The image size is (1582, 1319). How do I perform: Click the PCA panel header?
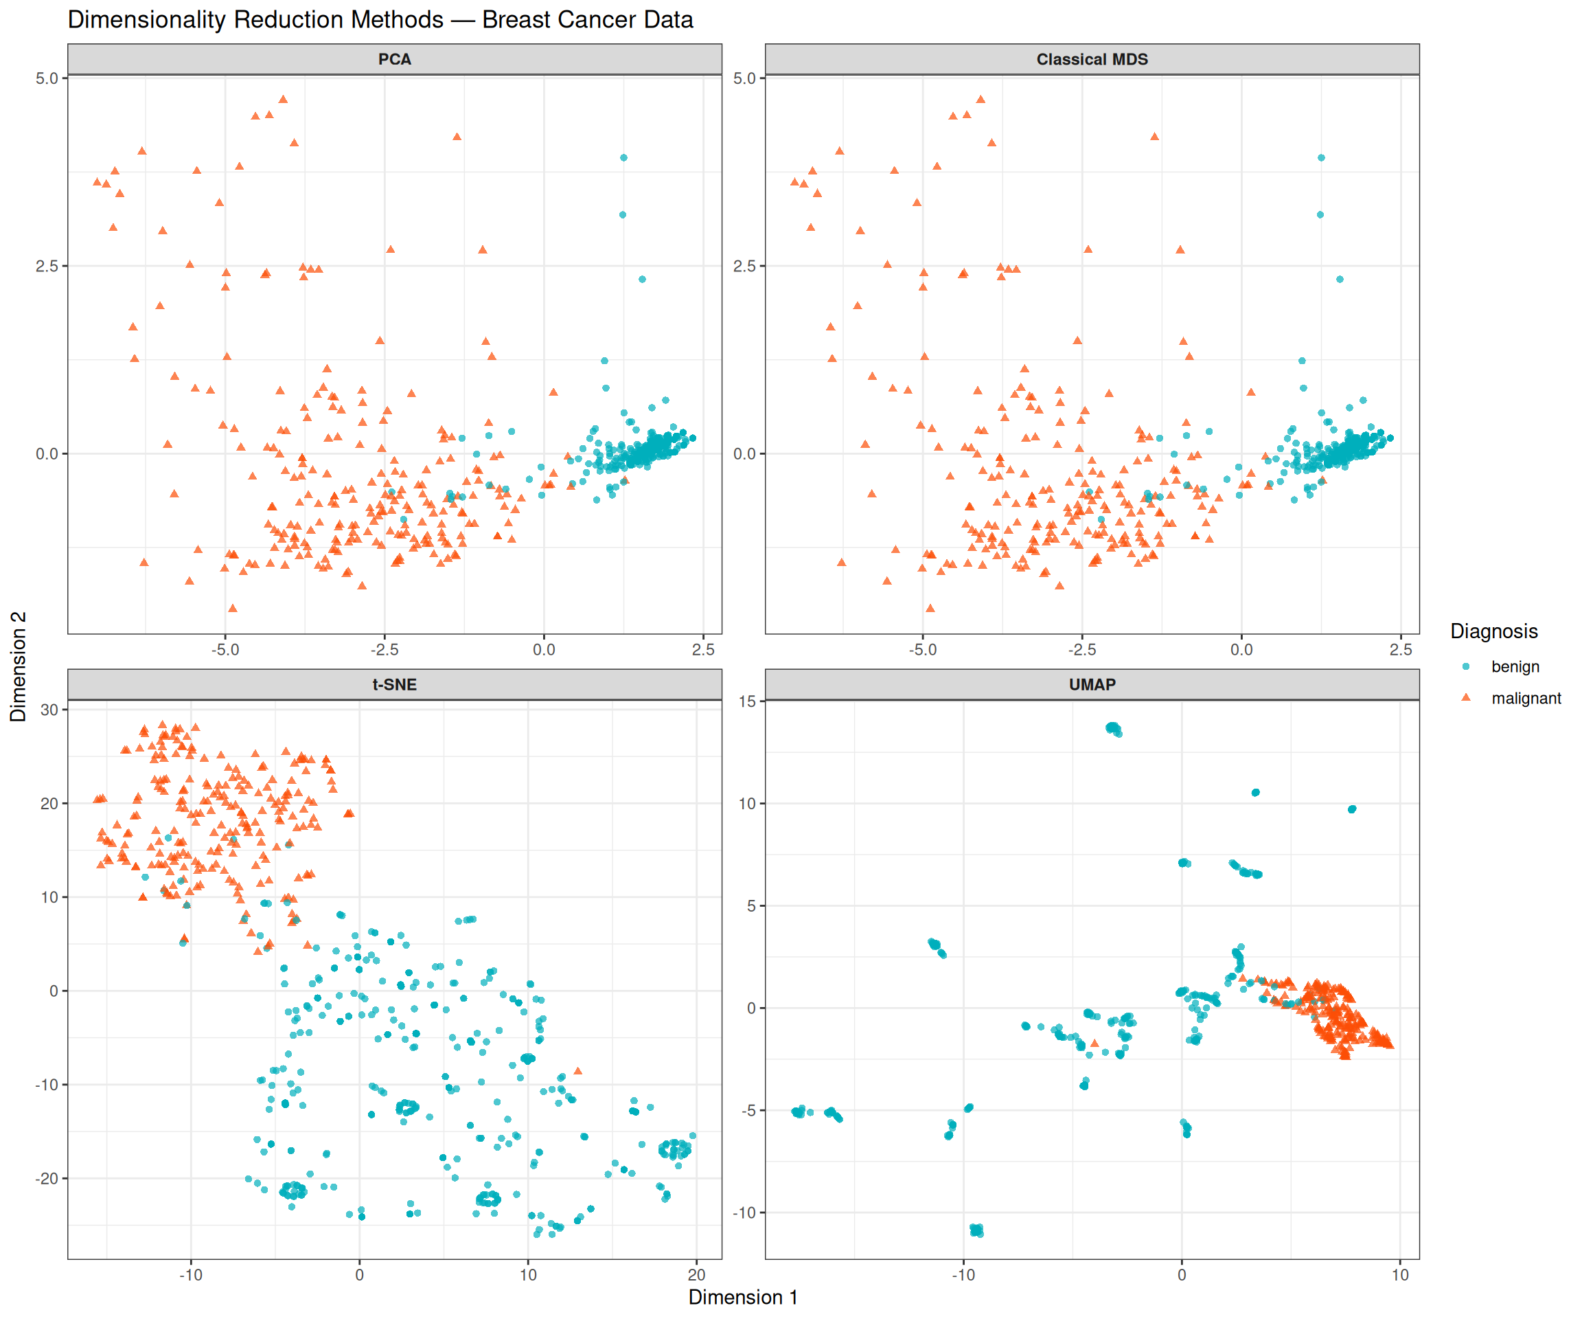394,59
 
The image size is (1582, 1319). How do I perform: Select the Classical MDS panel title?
1092,59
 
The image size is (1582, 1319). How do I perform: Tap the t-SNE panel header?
394,684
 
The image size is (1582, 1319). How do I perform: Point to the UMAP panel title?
1092,684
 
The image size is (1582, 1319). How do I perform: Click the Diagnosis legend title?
1493,631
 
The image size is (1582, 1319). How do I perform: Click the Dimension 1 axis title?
743,1296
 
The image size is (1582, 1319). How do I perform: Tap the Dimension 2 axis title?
18,666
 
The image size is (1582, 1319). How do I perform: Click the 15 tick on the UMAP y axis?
747,701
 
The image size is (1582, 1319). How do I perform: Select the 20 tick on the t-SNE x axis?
696,1274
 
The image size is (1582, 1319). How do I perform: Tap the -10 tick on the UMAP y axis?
744,1213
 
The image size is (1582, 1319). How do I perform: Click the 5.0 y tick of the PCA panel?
47,78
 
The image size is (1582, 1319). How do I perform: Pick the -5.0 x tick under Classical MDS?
922,649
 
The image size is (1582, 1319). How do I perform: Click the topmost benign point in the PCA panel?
623,157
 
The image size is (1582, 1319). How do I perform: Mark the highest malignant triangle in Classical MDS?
981,99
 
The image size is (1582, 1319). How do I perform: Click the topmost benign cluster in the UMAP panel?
1114,728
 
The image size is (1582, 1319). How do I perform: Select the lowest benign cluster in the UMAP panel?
976,1230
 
